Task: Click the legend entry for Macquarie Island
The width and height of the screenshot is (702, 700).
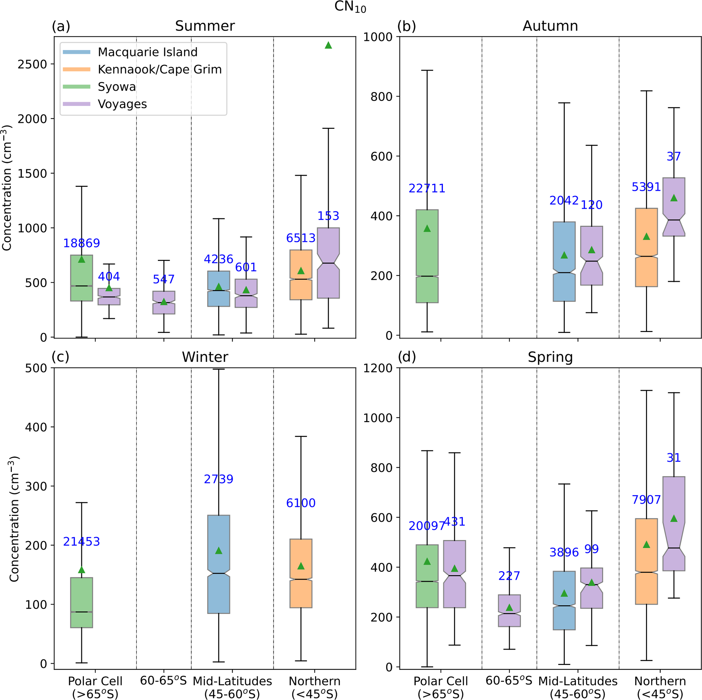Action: tap(147, 52)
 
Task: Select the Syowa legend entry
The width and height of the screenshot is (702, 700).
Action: tap(116, 87)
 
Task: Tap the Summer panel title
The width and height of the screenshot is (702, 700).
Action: tap(205, 26)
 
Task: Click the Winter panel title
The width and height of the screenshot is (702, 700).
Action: tap(205, 357)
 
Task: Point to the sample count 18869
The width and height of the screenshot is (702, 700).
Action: tap(82, 243)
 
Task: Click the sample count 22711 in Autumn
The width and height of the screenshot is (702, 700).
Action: tap(427, 188)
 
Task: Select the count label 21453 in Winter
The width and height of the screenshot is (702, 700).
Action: tap(82, 542)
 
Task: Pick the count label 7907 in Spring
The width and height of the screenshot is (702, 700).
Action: tap(646, 500)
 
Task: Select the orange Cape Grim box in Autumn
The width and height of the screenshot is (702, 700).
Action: tap(646, 247)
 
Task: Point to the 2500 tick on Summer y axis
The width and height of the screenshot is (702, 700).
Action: tap(32, 64)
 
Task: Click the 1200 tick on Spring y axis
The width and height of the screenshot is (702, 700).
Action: tap(378, 368)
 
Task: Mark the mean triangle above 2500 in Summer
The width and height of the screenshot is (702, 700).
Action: tap(328, 45)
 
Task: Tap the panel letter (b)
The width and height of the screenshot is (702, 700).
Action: tap(407, 26)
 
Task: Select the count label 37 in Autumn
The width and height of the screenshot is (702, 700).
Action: tap(674, 157)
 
